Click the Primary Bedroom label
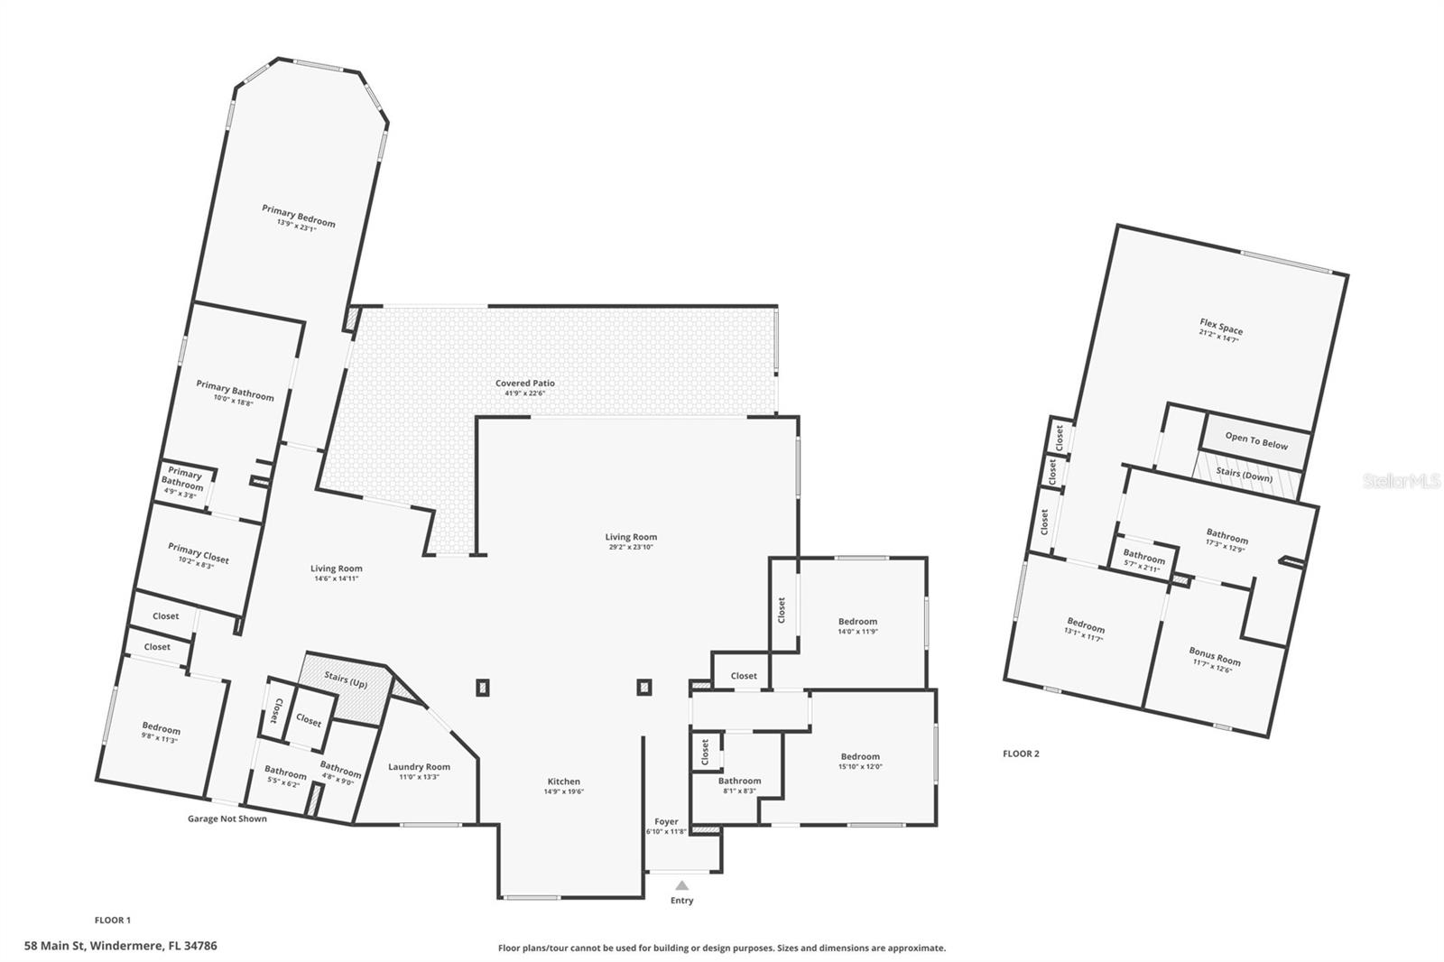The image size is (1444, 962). (x=299, y=216)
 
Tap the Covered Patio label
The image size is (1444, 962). (x=524, y=384)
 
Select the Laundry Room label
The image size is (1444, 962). (x=419, y=767)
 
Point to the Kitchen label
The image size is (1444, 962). (x=564, y=782)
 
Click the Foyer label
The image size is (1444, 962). (x=666, y=822)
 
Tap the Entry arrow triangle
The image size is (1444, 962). (x=682, y=885)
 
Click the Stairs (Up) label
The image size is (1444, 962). (x=346, y=681)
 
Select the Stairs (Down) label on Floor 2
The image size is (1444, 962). (x=1244, y=475)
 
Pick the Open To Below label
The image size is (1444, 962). (x=1256, y=440)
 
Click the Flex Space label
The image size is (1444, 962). (x=1221, y=326)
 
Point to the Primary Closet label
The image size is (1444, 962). (x=199, y=552)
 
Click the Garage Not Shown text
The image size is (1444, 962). (x=227, y=819)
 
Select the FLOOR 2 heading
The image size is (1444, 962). (x=1021, y=754)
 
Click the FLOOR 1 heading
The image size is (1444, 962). (x=113, y=920)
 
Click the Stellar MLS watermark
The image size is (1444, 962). (x=1401, y=482)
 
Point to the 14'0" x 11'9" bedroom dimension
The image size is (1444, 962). (x=857, y=632)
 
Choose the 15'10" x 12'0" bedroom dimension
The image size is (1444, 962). (x=860, y=767)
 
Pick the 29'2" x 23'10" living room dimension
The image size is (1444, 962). (x=631, y=547)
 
